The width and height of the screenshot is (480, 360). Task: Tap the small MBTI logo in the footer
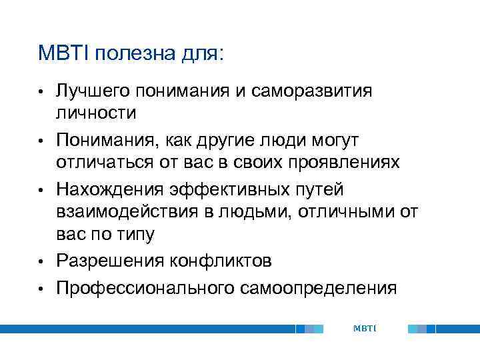tap(365, 329)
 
